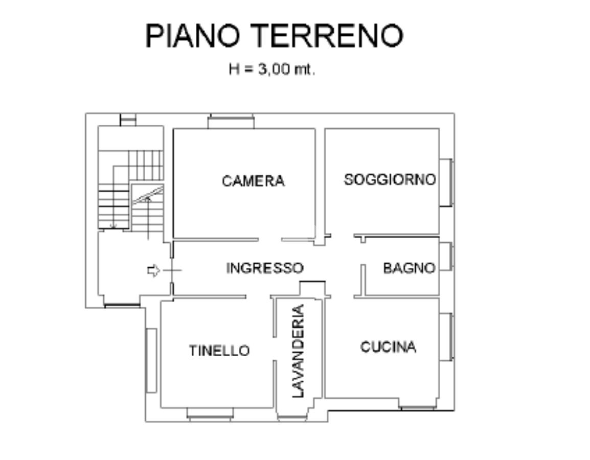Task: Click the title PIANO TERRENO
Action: tap(275, 36)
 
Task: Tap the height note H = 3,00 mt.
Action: tap(271, 70)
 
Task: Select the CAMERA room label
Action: tap(253, 181)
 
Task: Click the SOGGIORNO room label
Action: tap(390, 180)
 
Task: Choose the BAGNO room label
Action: tap(409, 268)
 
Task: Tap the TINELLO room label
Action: tap(219, 351)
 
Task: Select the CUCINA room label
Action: tap(388, 347)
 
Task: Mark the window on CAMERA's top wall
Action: tap(231, 122)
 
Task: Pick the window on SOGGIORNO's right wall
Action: tap(446, 182)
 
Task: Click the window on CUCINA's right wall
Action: tap(446, 336)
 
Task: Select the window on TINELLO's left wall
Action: tap(151, 360)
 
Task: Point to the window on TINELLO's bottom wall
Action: tap(210, 414)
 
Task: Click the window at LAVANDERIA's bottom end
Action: tap(293, 417)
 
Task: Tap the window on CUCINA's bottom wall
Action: tap(418, 407)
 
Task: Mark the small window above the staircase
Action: tap(128, 120)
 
